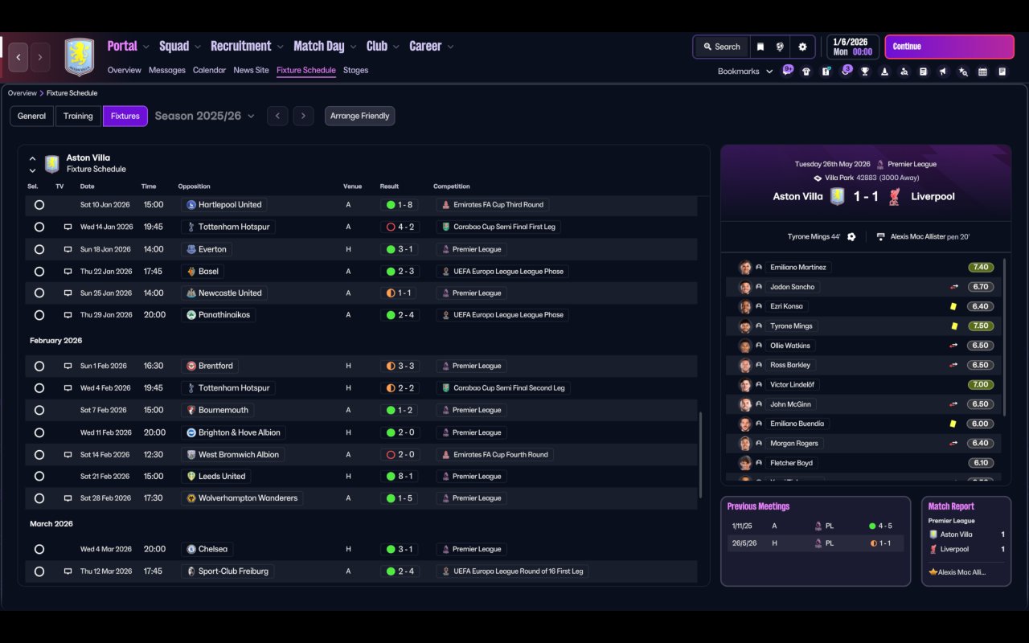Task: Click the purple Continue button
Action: tap(949, 47)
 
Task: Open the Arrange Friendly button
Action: tap(359, 116)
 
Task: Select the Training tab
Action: tap(78, 116)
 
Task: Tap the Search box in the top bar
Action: tap(722, 47)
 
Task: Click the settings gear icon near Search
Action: tap(802, 47)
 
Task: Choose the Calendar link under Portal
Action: tap(209, 70)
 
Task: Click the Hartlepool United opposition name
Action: tap(230, 205)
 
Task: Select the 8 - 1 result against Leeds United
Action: tap(405, 477)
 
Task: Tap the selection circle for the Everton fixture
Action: tap(39, 249)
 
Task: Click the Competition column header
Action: tap(451, 186)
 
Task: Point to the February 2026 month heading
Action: tap(56, 340)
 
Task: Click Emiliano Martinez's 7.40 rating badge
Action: tap(981, 268)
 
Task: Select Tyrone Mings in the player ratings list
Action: tap(791, 326)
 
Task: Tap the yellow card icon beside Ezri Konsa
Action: tap(953, 306)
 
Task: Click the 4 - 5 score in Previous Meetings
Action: tap(885, 526)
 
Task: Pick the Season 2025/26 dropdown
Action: tap(204, 116)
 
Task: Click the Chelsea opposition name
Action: tap(213, 549)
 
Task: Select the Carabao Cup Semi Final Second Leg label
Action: tap(509, 388)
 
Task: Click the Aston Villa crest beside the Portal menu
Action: tap(80, 57)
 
